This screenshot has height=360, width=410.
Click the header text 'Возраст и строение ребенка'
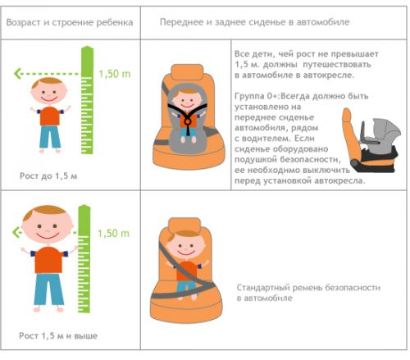coord(70,22)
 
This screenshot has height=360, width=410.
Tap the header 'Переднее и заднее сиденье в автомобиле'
coord(254,22)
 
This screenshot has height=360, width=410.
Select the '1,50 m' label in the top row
coord(115,74)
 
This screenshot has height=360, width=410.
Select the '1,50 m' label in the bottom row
coord(113,233)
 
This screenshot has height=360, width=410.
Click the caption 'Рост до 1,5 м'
coord(48,175)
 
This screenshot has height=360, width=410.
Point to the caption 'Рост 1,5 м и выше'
coord(58,335)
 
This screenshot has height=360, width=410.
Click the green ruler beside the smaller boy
coord(87,100)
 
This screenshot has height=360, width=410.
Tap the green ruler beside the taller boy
coord(84,258)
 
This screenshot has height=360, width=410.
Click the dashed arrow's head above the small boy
coord(17,74)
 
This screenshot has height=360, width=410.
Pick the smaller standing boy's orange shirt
coord(50,116)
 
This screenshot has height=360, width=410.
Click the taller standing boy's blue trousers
coord(48,289)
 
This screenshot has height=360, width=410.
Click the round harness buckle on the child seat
coord(188,121)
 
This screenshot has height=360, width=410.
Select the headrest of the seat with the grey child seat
coord(187,72)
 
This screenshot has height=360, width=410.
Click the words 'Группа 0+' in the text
coord(257,96)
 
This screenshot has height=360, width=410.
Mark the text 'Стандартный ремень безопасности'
coord(308,288)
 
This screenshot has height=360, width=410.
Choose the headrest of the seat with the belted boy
coord(184,226)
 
